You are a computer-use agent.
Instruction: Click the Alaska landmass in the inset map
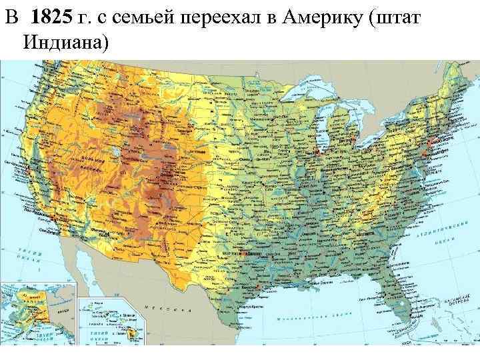(x=33, y=307)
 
